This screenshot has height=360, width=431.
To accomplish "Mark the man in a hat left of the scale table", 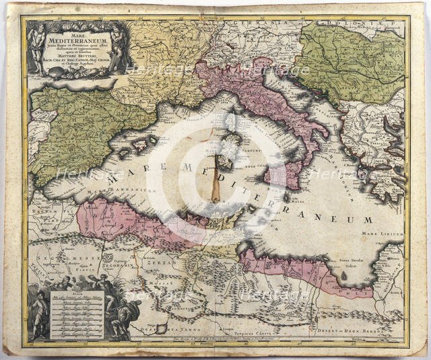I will pos(39,313).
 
